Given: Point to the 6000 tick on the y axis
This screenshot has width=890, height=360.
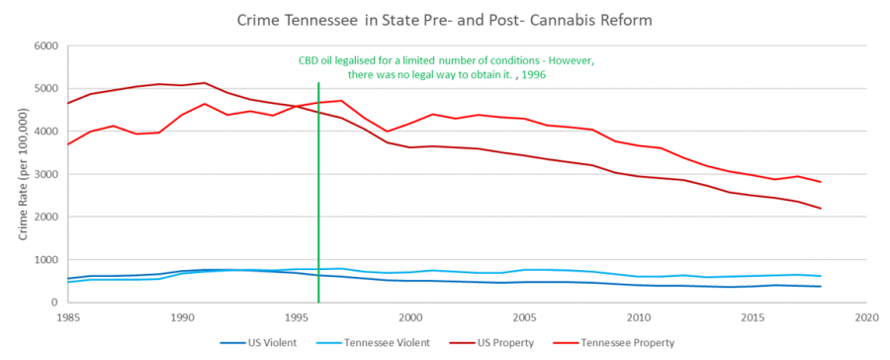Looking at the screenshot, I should point(45,45).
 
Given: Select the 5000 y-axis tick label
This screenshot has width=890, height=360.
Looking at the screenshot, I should point(45,88).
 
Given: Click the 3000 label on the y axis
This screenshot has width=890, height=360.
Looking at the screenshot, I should point(45,174).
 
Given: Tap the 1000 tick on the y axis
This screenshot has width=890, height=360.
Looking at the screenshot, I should point(45,260).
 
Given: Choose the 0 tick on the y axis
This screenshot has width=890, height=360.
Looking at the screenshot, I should point(54,303).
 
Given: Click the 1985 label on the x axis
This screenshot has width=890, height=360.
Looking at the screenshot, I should point(67,319).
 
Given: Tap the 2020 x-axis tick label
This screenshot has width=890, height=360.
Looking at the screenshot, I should point(867,319).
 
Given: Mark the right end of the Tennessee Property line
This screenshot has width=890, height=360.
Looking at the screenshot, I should point(821,182).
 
